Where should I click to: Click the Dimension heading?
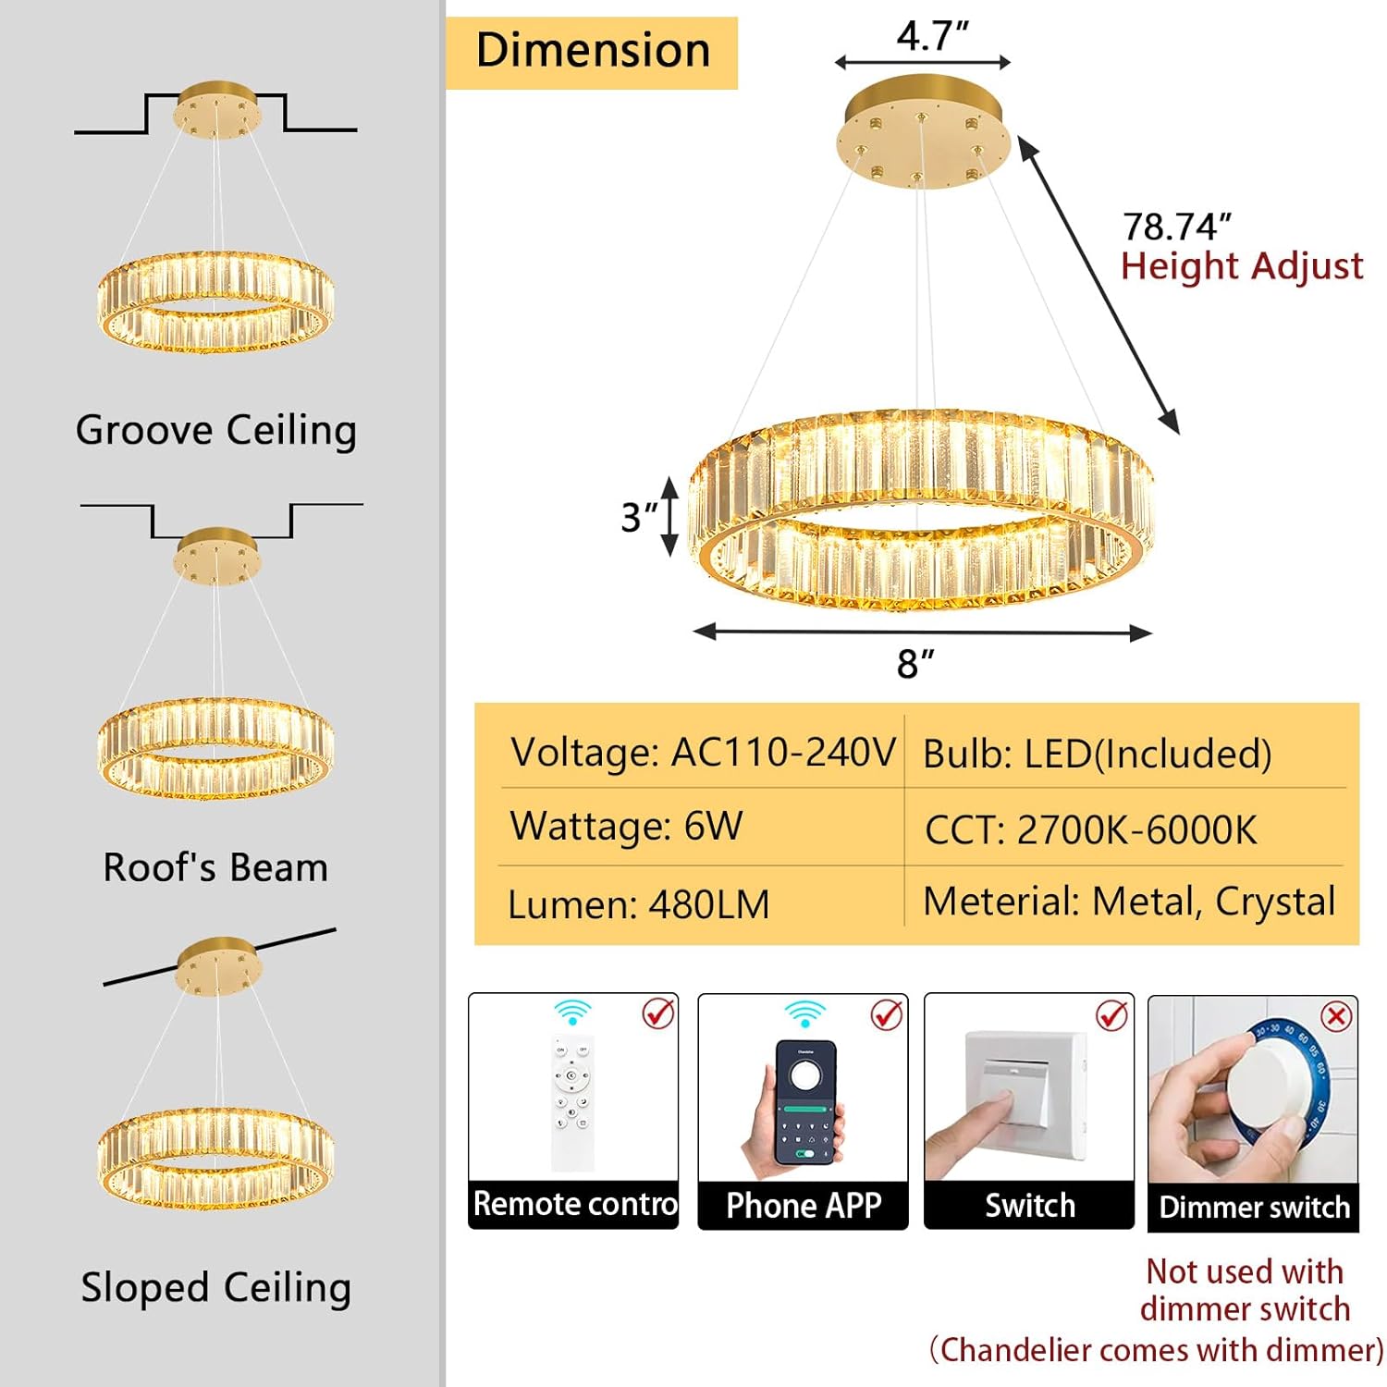tap(592, 52)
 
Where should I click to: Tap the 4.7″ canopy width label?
tap(932, 37)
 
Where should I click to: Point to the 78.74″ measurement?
tap(1176, 227)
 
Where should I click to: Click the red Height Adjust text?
tap(1242, 266)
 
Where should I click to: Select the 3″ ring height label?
tap(638, 518)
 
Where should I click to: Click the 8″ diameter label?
tap(915, 664)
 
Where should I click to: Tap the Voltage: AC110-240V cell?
tap(703, 753)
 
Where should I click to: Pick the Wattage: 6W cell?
tap(626, 826)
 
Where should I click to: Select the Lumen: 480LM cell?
tap(638, 904)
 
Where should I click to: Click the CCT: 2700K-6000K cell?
tap(1091, 830)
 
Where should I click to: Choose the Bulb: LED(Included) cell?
tap(1098, 755)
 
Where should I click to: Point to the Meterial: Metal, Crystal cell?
tap(1129, 902)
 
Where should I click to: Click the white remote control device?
tap(572, 1100)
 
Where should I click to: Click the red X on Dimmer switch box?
tap(1336, 1017)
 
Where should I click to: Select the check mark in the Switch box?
tap(1111, 1015)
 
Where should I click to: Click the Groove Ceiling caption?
tap(216, 431)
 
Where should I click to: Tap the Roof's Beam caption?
tap(215, 867)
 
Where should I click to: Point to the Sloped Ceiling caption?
tap(216, 1287)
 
